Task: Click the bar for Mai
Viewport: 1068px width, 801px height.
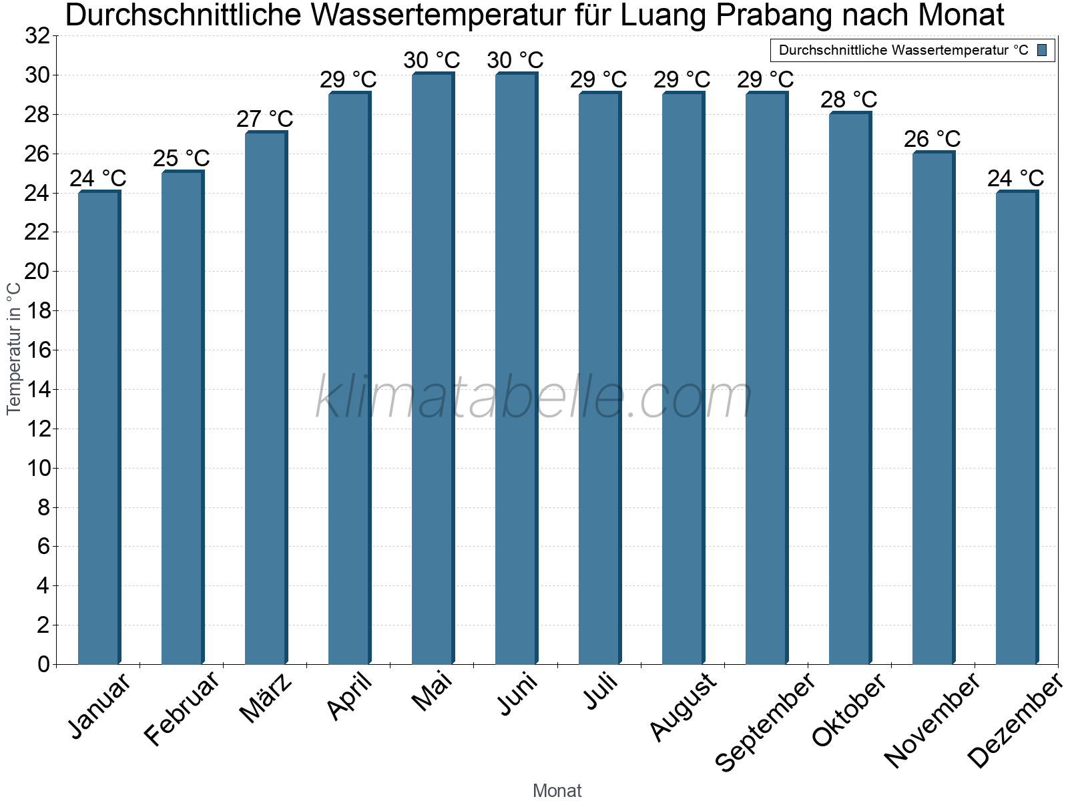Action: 433,368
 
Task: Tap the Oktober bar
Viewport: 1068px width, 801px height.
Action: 850,388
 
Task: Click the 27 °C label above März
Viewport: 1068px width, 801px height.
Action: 265,119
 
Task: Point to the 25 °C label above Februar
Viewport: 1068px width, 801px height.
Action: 182,158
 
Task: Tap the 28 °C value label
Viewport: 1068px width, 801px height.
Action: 849,99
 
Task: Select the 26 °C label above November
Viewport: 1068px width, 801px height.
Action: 932,139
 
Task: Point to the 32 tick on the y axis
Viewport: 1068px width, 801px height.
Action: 37,36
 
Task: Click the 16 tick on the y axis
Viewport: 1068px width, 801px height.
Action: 37,350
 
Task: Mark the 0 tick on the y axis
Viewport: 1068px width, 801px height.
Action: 43,664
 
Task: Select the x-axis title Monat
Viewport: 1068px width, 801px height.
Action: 557,790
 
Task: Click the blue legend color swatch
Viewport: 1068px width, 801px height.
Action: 1042,50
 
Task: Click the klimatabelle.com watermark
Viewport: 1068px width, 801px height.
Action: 534,398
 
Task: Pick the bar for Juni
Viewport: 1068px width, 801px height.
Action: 516,368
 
